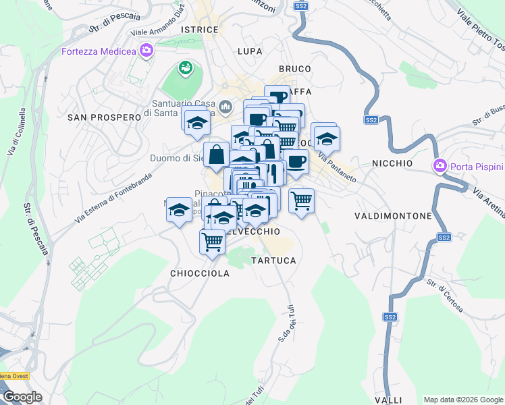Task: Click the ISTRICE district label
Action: tap(200, 30)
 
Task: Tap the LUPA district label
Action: tap(250, 51)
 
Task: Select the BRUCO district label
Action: tap(295, 69)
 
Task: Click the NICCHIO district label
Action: tap(392, 163)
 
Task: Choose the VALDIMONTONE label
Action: tap(393, 216)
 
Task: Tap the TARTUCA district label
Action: tap(273, 260)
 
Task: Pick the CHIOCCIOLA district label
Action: tap(200, 273)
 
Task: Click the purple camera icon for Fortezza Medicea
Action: tap(146, 51)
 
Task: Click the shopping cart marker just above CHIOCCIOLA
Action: tap(213, 240)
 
